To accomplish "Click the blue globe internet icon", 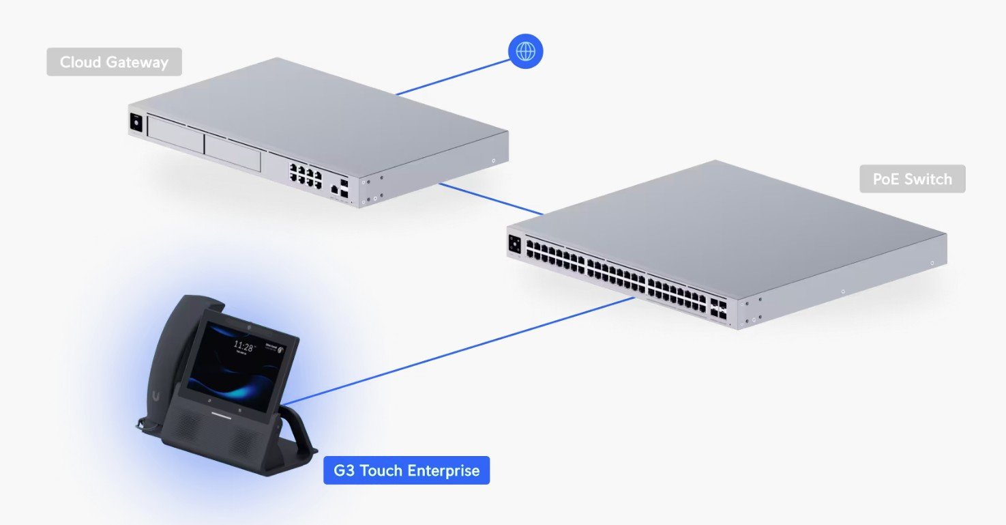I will tap(525, 51).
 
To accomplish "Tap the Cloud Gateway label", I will tap(114, 62).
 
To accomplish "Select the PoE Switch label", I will tap(912, 180).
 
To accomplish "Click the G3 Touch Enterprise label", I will tap(406, 470).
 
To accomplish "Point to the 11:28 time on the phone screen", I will tap(244, 345).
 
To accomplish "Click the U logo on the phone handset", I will tap(158, 395).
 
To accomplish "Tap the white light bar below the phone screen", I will tap(224, 414).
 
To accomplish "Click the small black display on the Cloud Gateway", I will tap(136, 122).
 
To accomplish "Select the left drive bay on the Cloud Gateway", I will tap(175, 136).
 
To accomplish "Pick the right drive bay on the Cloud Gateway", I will tap(232, 152).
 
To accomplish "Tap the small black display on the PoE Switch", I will tap(514, 244).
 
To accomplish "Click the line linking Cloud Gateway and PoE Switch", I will tap(491, 199).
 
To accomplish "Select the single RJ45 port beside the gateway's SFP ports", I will tap(334, 188).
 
